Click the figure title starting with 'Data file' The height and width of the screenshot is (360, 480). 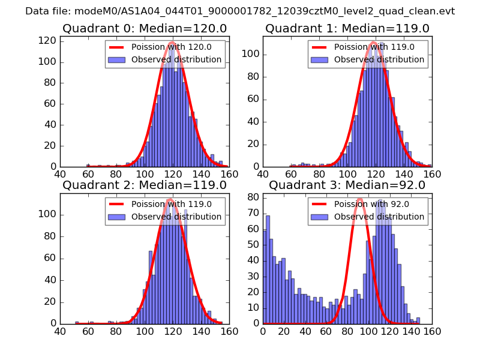[240, 11]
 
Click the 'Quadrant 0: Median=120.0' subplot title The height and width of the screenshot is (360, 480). [145, 28]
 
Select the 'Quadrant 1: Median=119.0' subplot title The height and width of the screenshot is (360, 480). [347, 28]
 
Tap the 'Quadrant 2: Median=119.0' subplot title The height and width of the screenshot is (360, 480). [145, 185]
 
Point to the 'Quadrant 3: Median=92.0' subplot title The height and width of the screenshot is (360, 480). [347, 185]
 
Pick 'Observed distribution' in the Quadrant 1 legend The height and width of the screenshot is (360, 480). [379, 60]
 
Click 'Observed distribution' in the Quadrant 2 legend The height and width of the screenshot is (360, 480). [176, 217]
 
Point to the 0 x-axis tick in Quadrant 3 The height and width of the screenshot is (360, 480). [263, 331]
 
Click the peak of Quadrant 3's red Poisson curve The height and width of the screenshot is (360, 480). [360, 198]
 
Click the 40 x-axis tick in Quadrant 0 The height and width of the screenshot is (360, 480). [60, 174]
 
